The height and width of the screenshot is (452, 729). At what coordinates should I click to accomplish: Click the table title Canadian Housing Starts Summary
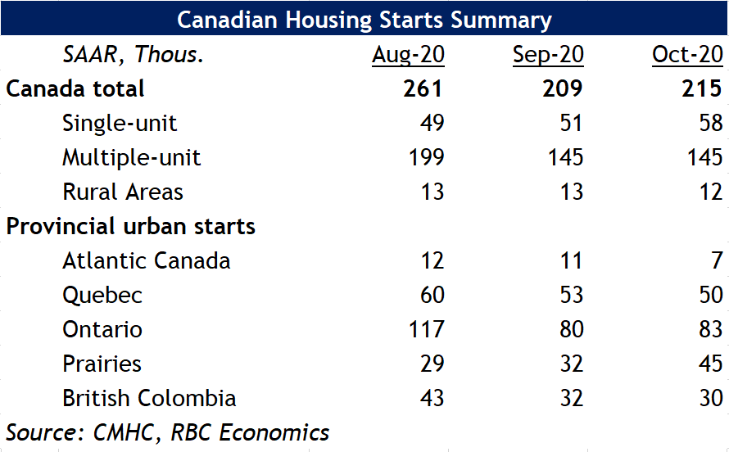pyautogui.click(x=364, y=20)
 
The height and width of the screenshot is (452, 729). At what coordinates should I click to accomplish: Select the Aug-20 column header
pyautogui.click(x=408, y=55)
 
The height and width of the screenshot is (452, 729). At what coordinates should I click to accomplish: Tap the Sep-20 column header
pyautogui.click(x=548, y=55)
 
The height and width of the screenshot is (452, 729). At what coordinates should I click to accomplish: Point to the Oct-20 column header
pyautogui.click(x=687, y=55)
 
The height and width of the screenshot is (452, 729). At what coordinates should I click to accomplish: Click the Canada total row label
pyautogui.click(x=75, y=88)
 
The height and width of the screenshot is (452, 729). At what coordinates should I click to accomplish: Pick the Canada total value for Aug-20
pyautogui.click(x=423, y=88)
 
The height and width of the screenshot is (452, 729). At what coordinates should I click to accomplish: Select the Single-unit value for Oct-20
pyautogui.click(x=711, y=123)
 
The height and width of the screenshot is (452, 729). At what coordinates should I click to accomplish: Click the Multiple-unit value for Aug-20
pyautogui.click(x=426, y=157)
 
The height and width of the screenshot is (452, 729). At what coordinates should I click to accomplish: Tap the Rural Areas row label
pyautogui.click(x=123, y=192)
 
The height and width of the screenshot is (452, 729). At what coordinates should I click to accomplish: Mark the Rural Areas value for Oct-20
pyautogui.click(x=711, y=192)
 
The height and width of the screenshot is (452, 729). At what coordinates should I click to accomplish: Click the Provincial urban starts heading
pyautogui.click(x=130, y=226)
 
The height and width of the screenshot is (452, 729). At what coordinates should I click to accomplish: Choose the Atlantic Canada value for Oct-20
pyautogui.click(x=718, y=260)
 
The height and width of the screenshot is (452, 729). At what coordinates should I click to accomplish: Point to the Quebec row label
pyautogui.click(x=102, y=296)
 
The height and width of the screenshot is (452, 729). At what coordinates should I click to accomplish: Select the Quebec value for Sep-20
pyautogui.click(x=572, y=295)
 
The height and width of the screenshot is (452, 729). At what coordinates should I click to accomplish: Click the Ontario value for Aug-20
pyautogui.click(x=426, y=329)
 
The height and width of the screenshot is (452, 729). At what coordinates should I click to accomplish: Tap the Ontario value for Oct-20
pyautogui.click(x=711, y=329)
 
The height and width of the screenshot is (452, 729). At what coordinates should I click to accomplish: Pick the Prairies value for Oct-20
pyautogui.click(x=711, y=364)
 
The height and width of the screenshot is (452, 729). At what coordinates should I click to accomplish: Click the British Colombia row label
pyautogui.click(x=149, y=398)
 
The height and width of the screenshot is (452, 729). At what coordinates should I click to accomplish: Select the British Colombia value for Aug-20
pyautogui.click(x=432, y=398)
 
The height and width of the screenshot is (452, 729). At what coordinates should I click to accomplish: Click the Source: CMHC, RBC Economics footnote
pyautogui.click(x=167, y=432)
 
